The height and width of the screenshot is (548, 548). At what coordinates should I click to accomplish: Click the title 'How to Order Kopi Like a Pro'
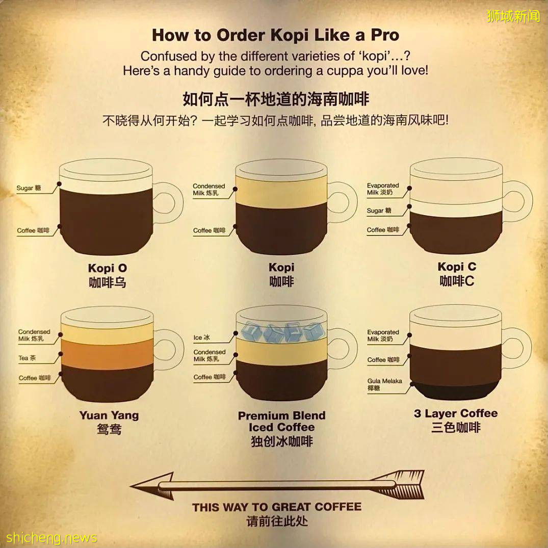(275, 35)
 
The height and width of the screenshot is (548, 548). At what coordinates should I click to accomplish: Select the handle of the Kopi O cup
(168, 203)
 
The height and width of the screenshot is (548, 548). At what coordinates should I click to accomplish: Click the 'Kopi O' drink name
(107, 268)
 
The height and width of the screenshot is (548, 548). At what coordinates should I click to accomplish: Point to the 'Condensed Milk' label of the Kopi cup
(208, 190)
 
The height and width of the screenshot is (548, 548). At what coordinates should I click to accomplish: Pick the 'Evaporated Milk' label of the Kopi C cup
(382, 189)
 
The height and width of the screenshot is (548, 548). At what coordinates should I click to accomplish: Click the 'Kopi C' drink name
(457, 267)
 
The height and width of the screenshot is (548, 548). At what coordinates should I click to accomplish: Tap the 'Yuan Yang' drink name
(109, 415)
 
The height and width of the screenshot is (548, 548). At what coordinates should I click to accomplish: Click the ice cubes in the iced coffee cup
(282, 331)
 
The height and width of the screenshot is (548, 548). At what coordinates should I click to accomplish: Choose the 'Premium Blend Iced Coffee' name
(282, 421)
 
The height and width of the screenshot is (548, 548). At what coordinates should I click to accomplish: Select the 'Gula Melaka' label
(384, 384)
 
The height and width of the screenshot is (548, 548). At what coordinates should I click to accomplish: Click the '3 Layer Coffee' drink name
(456, 413)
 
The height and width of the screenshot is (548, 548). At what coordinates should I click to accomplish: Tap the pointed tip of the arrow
(131, 485)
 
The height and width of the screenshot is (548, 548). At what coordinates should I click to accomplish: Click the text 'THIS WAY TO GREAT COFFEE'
(277, 507)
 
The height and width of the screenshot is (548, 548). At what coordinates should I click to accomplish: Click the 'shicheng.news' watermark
(51, 537)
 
